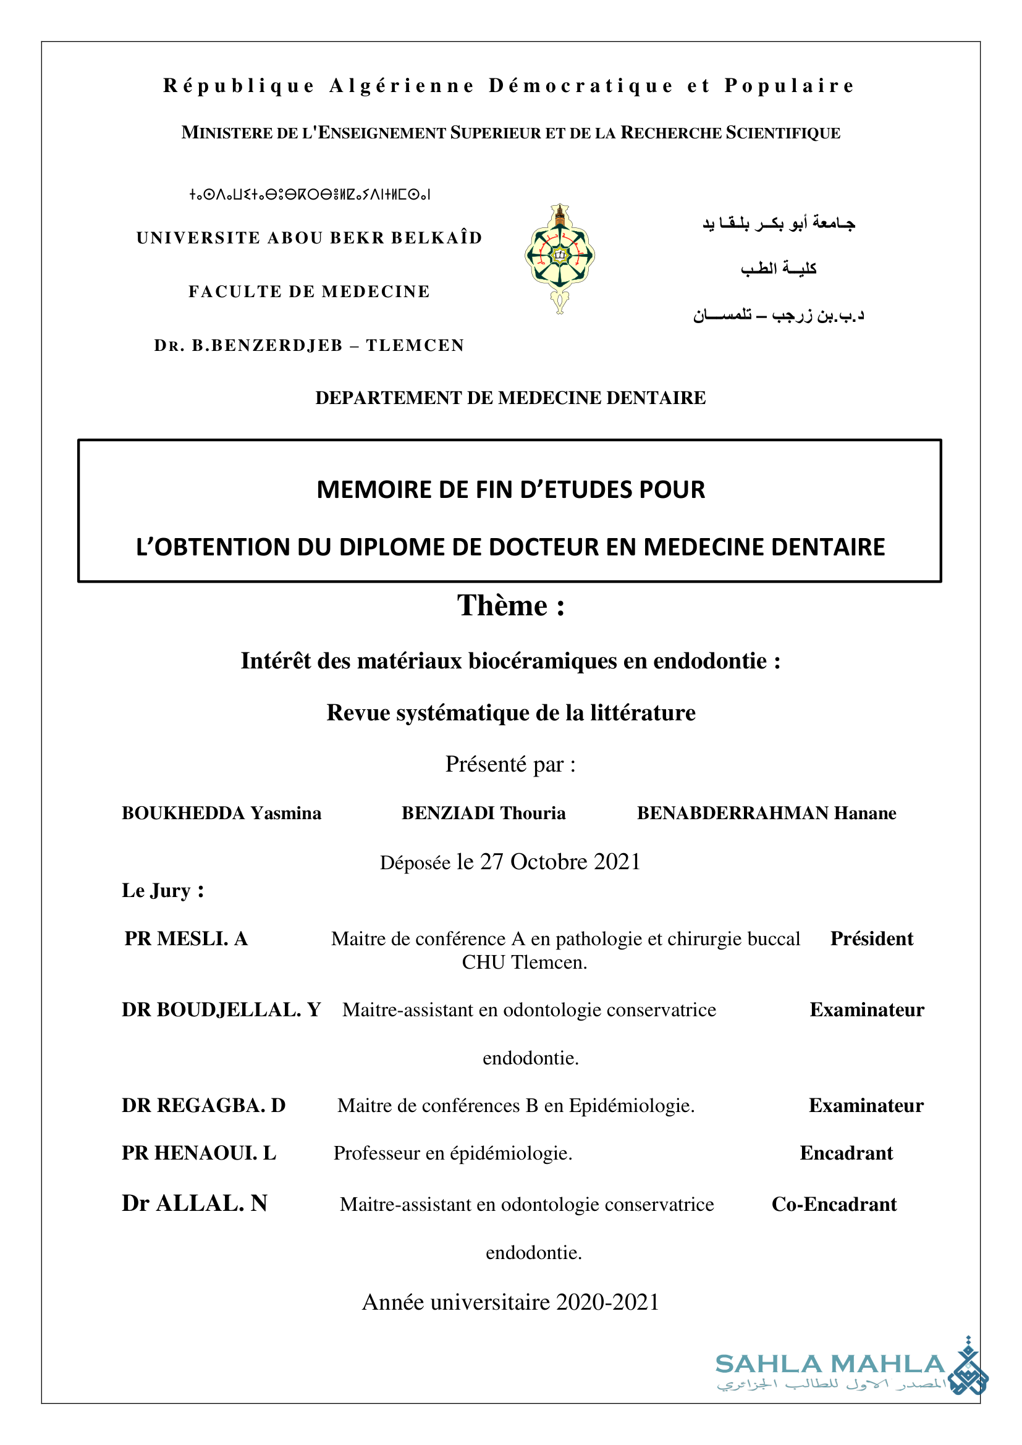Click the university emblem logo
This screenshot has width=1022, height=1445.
pos(559,258)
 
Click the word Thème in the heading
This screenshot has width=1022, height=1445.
pos(502,605)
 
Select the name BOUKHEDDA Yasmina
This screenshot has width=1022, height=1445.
pos(222,813)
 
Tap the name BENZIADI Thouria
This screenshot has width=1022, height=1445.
pos(483,813)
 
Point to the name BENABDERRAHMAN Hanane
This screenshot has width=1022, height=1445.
pos(766,813)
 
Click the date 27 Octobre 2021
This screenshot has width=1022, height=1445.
pos(560,862)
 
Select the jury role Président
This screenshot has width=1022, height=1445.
pos(872,938)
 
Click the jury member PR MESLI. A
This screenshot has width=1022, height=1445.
pos(185,938)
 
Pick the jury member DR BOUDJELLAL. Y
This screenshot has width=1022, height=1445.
pos(222,1009)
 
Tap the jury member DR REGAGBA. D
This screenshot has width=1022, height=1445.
pos(204,1105)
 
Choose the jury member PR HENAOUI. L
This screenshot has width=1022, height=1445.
pos(199,1153)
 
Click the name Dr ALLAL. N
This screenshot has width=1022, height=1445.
pos(195,1203)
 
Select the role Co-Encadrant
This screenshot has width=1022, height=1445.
pos(834,1204)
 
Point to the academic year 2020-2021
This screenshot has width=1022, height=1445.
pos(607,1302)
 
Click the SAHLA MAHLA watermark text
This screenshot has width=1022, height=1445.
pos(830,1364)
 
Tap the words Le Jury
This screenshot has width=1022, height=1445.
pos(163,891)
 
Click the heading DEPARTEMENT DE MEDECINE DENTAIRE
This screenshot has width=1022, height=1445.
pos(510,398)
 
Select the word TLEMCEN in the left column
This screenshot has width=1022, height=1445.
pos(415,345)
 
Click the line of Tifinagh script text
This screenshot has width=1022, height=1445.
pos(310,195)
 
